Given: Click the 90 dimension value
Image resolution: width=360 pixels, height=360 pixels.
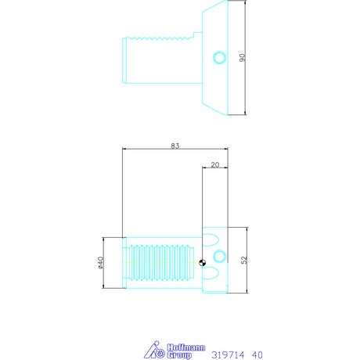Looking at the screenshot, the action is pos(243,58).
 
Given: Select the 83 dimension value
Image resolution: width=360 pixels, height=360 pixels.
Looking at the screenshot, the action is pos(175,146).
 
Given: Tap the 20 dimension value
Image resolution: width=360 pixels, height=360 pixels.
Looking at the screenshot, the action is pos(215,165).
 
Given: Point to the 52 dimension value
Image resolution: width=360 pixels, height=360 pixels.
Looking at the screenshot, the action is pos(244,260).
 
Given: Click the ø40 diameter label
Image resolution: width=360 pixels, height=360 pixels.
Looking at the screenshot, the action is pos(101,263).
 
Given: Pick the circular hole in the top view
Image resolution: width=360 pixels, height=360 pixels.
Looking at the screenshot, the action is pos(219,58).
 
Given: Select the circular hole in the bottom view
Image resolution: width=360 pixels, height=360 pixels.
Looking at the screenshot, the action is pos(219,256).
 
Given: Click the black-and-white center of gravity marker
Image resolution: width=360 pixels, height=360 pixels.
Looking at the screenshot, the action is pos(202,263).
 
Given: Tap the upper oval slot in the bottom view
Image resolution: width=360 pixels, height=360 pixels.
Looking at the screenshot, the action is pos(211,240).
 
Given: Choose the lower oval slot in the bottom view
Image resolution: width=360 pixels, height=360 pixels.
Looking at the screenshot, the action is pos(211,273).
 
